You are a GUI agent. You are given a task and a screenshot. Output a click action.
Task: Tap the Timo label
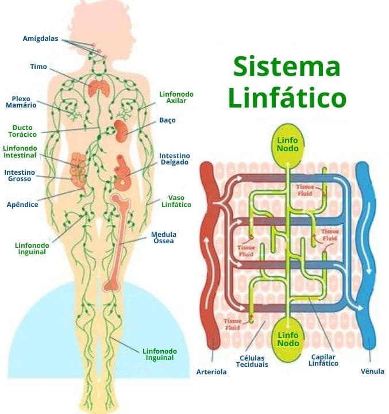pyautogui.click(x=38, y=67)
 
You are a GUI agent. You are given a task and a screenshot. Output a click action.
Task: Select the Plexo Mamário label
pyautogui.click(x=21, y=102)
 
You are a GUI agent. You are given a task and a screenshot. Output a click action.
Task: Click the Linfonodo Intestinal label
pyautogui.click(x=20, y=152)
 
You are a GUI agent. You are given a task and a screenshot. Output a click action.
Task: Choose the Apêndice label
pyautogui.click(x=22, y=204)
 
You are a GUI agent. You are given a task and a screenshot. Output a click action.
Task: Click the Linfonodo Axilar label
pyautogui.click(x=176, y=97)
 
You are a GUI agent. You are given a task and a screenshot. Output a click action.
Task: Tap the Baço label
pyautogui.click(x=168, y=121)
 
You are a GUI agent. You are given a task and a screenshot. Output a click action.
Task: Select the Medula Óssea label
pyautogui.click(x=163, y=237)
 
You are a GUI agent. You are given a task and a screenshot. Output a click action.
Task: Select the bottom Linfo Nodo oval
pyautogui.click(x=287, y=339)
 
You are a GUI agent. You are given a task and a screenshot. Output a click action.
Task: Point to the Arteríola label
pyautogui.click(x=211, y=372)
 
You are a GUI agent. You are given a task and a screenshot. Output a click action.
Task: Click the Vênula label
pyautogui.click(x=372, y=371)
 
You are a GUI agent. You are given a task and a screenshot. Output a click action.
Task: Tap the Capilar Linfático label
pyautogui.click(x=323, y=359)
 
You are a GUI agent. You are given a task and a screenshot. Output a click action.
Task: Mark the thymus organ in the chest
pyautogui.click(x=99, y=88)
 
